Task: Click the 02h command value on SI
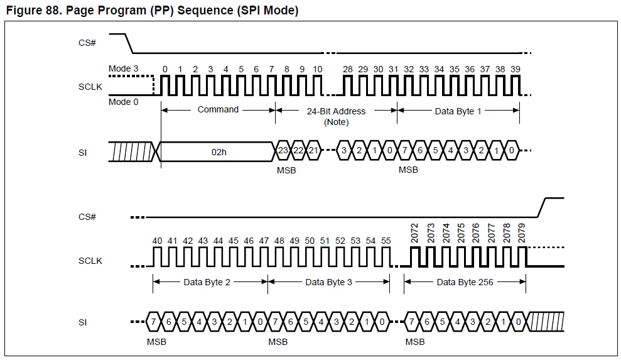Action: [x=219, y=152]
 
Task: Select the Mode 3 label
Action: [x=124, y=68]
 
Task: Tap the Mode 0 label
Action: [x=124, y=102]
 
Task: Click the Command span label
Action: [x=218, y=109]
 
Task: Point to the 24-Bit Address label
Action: [x=336, y=111]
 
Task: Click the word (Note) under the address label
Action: [x=336, y=122]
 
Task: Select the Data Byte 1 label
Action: [x=458, y=111]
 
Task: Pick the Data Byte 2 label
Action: [x=207, y=282]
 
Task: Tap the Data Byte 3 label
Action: [x=328, y=282]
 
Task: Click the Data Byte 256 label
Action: [x=465, y=282]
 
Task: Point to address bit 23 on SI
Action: [x=283, y=151]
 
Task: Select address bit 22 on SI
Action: [x=298, y=151]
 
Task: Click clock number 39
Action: [x=516, y=69]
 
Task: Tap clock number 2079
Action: [x=521, y=233]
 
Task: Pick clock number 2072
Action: [x=414, y=233]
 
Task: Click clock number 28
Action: [x=348, y=69]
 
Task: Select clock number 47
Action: [x=264, y=241]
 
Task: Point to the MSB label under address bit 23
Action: [x=286, y=170]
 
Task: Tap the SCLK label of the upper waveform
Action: [x=90, y=87]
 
